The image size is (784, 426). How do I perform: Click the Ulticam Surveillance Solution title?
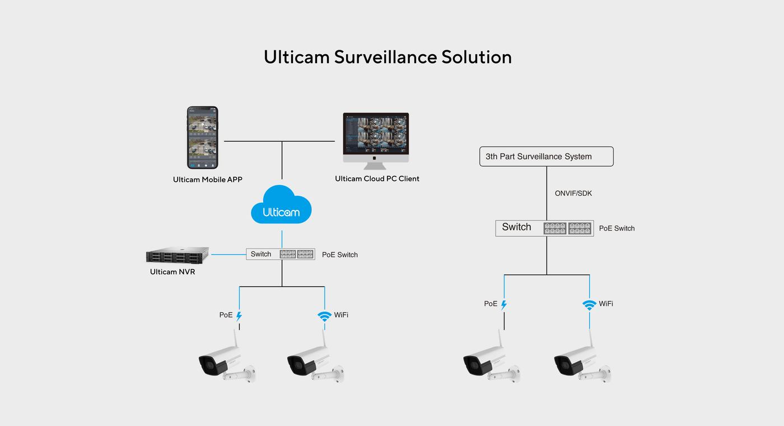click(x=388, y=57)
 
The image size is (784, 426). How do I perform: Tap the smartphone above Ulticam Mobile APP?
click(x=202, y=138)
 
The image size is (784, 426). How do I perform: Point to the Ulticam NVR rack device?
click(x=178, y=256)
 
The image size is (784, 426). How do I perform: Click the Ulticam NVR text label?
click(x=172, y=272)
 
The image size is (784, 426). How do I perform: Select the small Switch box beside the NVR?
click(x=281, y=254)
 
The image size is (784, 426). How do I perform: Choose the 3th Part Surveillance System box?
click(x=546, y=157)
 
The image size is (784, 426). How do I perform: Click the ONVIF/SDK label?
click(x=573, y=193)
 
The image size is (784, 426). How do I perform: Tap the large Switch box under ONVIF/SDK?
click(x=544, y=228)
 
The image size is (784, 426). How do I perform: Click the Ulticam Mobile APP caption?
click(x=207, y=180)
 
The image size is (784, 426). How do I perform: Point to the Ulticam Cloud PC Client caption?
click(x=377, y=179)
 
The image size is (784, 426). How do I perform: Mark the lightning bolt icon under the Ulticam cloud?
click(x=239, y=316)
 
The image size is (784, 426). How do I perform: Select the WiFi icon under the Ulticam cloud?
click(x=324, y=316)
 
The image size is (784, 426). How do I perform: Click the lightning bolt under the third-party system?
click(x=504, y=305)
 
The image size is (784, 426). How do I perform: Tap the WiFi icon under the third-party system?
click(x=589, y=305)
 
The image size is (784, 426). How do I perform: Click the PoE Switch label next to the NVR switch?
click(x=339, y=255)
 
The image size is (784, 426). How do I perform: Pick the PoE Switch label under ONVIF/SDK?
click(x=617, y=228)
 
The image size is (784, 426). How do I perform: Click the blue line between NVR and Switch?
click(x=228, y=255)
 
